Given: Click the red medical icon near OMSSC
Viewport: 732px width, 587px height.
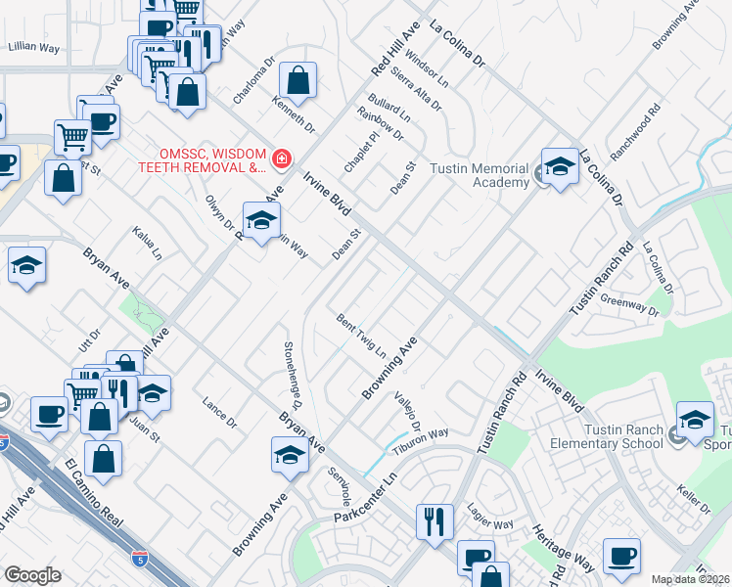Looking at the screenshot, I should [x=282, y=158].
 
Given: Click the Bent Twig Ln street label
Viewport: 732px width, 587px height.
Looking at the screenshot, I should [x=361, y=336].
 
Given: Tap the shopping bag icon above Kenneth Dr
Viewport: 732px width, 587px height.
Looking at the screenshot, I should [x=298, y=80].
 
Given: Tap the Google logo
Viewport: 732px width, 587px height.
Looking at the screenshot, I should [x=32, y=575].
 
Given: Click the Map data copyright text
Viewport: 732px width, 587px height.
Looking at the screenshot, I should [x=691, y=579].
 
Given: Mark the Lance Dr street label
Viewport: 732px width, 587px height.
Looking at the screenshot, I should [x=219, y=413].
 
